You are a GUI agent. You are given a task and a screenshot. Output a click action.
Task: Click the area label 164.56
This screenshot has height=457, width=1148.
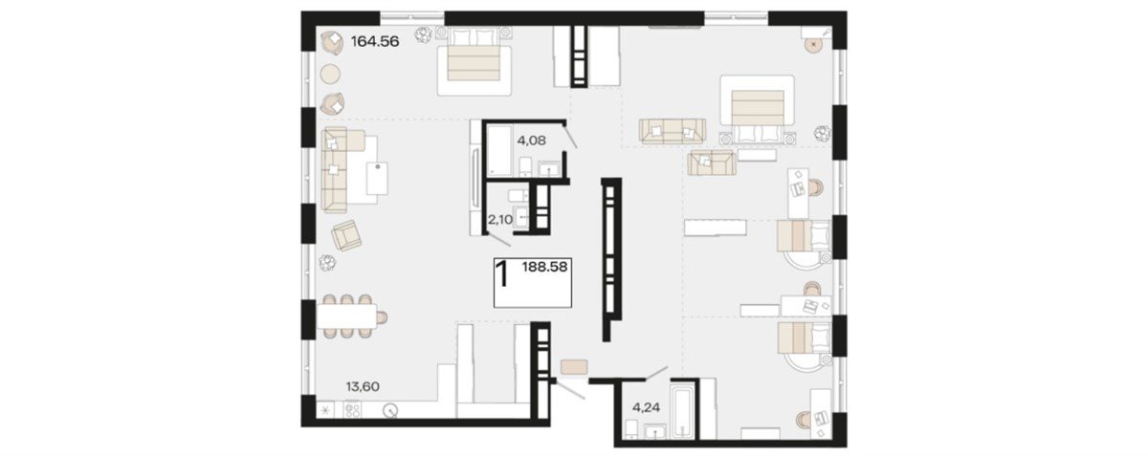(375, 41)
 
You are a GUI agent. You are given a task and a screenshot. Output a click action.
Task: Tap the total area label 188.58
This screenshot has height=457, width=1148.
(544, 267)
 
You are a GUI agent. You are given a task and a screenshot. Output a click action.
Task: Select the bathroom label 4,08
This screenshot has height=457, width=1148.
(532, 141)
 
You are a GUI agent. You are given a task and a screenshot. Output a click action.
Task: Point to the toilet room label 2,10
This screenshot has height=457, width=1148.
(499, 220)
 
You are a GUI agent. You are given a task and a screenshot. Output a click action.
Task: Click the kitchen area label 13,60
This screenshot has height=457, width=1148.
(363, 386)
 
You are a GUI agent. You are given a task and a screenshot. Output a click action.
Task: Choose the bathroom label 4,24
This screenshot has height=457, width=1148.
(646, 408)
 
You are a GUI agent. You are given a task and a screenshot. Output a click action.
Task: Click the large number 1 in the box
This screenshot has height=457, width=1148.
(503, 274)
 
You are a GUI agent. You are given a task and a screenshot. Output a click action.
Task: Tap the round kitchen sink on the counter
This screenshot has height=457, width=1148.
(390, 410)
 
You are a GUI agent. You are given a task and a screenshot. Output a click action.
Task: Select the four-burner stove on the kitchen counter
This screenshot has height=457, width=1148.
(353, 410)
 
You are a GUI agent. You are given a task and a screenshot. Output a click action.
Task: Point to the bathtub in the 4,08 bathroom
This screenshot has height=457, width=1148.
(499, 151)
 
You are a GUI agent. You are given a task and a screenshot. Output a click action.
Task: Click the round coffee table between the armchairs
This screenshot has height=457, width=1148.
(330, 75)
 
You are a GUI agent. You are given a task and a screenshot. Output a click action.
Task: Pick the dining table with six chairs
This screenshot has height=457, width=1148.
(347, 316)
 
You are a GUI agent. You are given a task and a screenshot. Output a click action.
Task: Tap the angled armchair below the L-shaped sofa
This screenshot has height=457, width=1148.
(346, 235)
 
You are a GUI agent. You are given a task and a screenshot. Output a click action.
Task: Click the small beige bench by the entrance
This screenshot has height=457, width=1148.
(574, 367)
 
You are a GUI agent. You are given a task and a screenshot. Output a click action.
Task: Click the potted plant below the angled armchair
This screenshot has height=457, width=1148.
(327, 263)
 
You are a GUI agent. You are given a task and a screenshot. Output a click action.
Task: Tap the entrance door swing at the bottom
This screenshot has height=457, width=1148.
(570, 389)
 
